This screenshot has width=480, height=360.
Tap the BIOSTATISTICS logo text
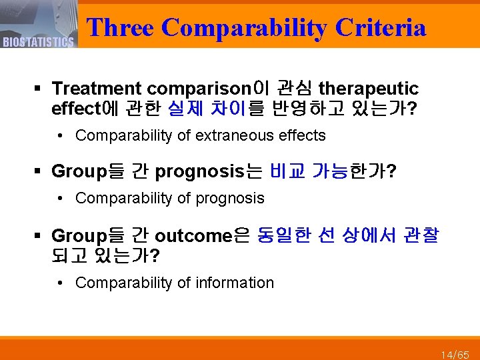click(38, 43)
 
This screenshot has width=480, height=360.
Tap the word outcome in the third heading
click(193, 236)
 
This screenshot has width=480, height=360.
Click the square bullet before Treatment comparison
click(40, 89)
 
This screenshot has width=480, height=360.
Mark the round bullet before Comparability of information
click(61, 283)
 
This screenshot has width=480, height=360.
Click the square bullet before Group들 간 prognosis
click(40, 173)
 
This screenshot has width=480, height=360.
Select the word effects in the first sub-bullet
click(305, 136)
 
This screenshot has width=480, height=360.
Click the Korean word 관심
click(294, 89)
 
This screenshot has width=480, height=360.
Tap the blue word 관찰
click(421, 236)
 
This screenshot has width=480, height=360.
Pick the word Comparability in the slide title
click(245, 27)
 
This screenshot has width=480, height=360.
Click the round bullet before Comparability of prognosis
click(61, 199)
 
